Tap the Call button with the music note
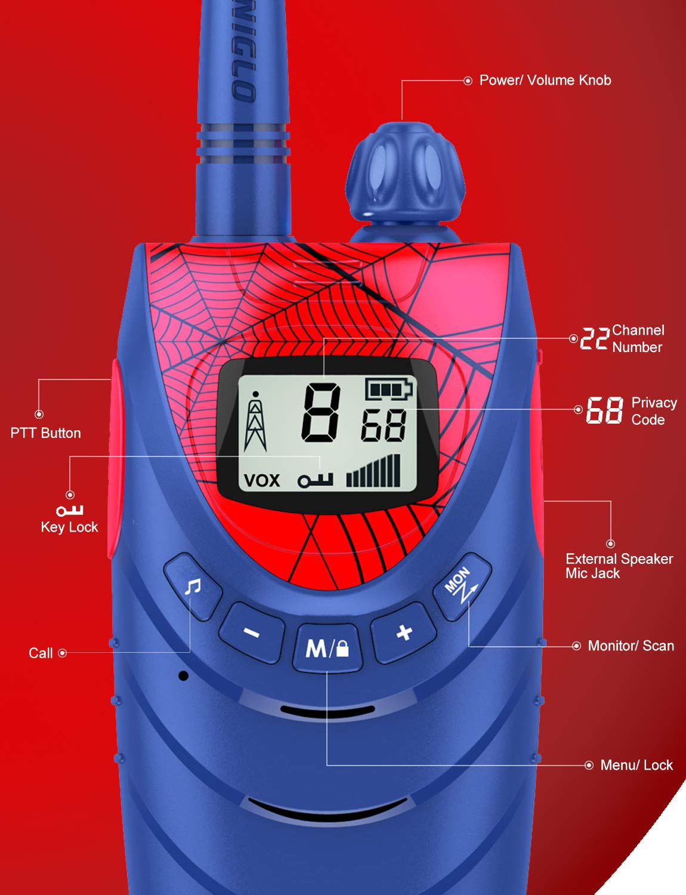coord(193,587)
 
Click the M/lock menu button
coord(327,648)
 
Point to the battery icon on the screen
coord(388,390)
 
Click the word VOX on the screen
coord(261,480)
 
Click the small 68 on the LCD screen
coord(384,425)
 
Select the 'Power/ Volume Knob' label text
coord(545,81)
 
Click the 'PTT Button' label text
coord(45,433)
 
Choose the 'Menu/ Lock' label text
coord(636,765)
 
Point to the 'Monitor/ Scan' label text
coord(631,646)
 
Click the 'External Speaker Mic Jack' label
coord(619,566)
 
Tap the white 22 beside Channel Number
coord(595,338)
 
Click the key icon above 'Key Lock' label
coord(69,510)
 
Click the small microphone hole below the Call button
coord(184,675)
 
